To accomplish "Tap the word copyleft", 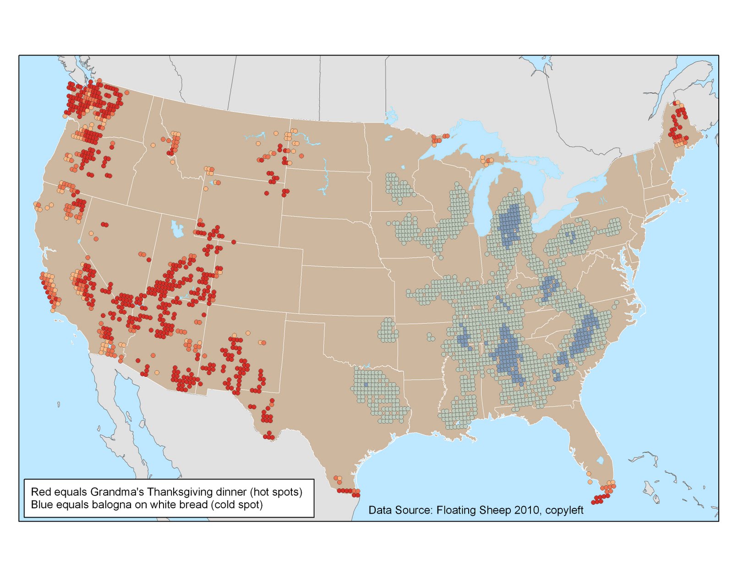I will pos(564,510).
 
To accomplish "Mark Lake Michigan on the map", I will pos(482,201).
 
